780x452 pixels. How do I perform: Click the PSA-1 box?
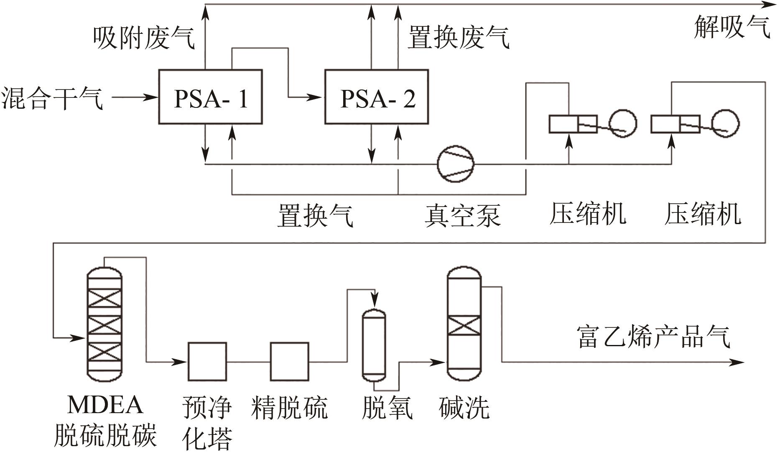(x=210, y=97)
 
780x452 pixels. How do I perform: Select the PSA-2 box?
(x=377, y=97)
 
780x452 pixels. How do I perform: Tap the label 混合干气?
(x=52, y=99)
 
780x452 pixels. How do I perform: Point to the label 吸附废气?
(x=143, y=38)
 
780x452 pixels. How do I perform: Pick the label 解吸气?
(x=732, y=28)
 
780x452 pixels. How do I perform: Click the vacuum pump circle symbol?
(x=456, y=164)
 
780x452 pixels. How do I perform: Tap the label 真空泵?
(x=462, y=215)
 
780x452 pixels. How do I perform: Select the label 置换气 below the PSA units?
(x=315, y=215)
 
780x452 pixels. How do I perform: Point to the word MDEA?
(x=105, y=405)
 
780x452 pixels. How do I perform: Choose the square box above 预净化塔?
(x=207, y=362)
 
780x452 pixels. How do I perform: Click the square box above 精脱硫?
(x=290, y=362)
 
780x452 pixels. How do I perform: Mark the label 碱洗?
(x=464, y=408)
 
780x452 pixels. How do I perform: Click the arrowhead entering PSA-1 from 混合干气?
(x=153, y=97)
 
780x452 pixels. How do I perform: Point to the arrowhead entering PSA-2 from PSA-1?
(x=319, y=97)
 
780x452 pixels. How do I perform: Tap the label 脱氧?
(x=387, y=408)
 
